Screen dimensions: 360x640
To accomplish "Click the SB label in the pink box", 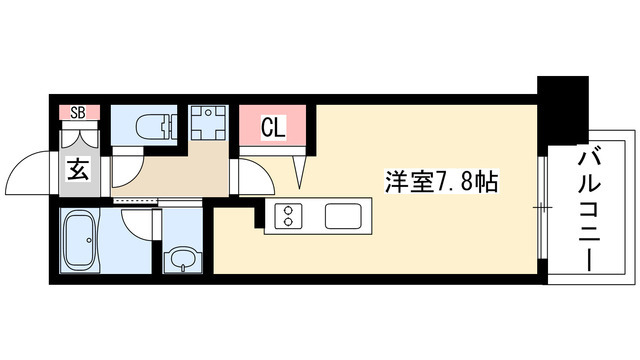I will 76,112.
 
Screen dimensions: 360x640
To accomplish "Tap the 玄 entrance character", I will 78,169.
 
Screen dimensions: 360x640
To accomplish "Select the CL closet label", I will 270,127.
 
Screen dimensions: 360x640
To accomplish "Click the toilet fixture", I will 150,126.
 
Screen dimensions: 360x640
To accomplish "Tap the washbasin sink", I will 181,257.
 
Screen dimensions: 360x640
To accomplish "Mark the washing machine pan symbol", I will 210,124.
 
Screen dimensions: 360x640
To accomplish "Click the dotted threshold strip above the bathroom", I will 134,201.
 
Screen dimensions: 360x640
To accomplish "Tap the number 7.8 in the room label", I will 459,184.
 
